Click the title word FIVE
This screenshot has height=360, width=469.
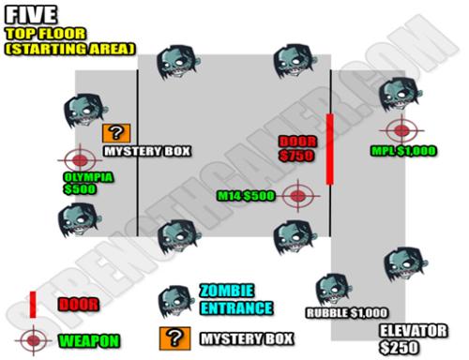pyautogui.click(x=32, y=15)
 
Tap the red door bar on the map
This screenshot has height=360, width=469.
pyautogui.click(x=329, y=149)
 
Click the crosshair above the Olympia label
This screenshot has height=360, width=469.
pyautogui.click(x=79, y=160)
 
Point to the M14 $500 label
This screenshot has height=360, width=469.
pyautogui.click(x=247, y=196)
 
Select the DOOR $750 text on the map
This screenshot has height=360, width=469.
pyautogui.click(x=299, y=148)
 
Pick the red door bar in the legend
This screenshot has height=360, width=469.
pyautogui.click(x=33, y=304)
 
